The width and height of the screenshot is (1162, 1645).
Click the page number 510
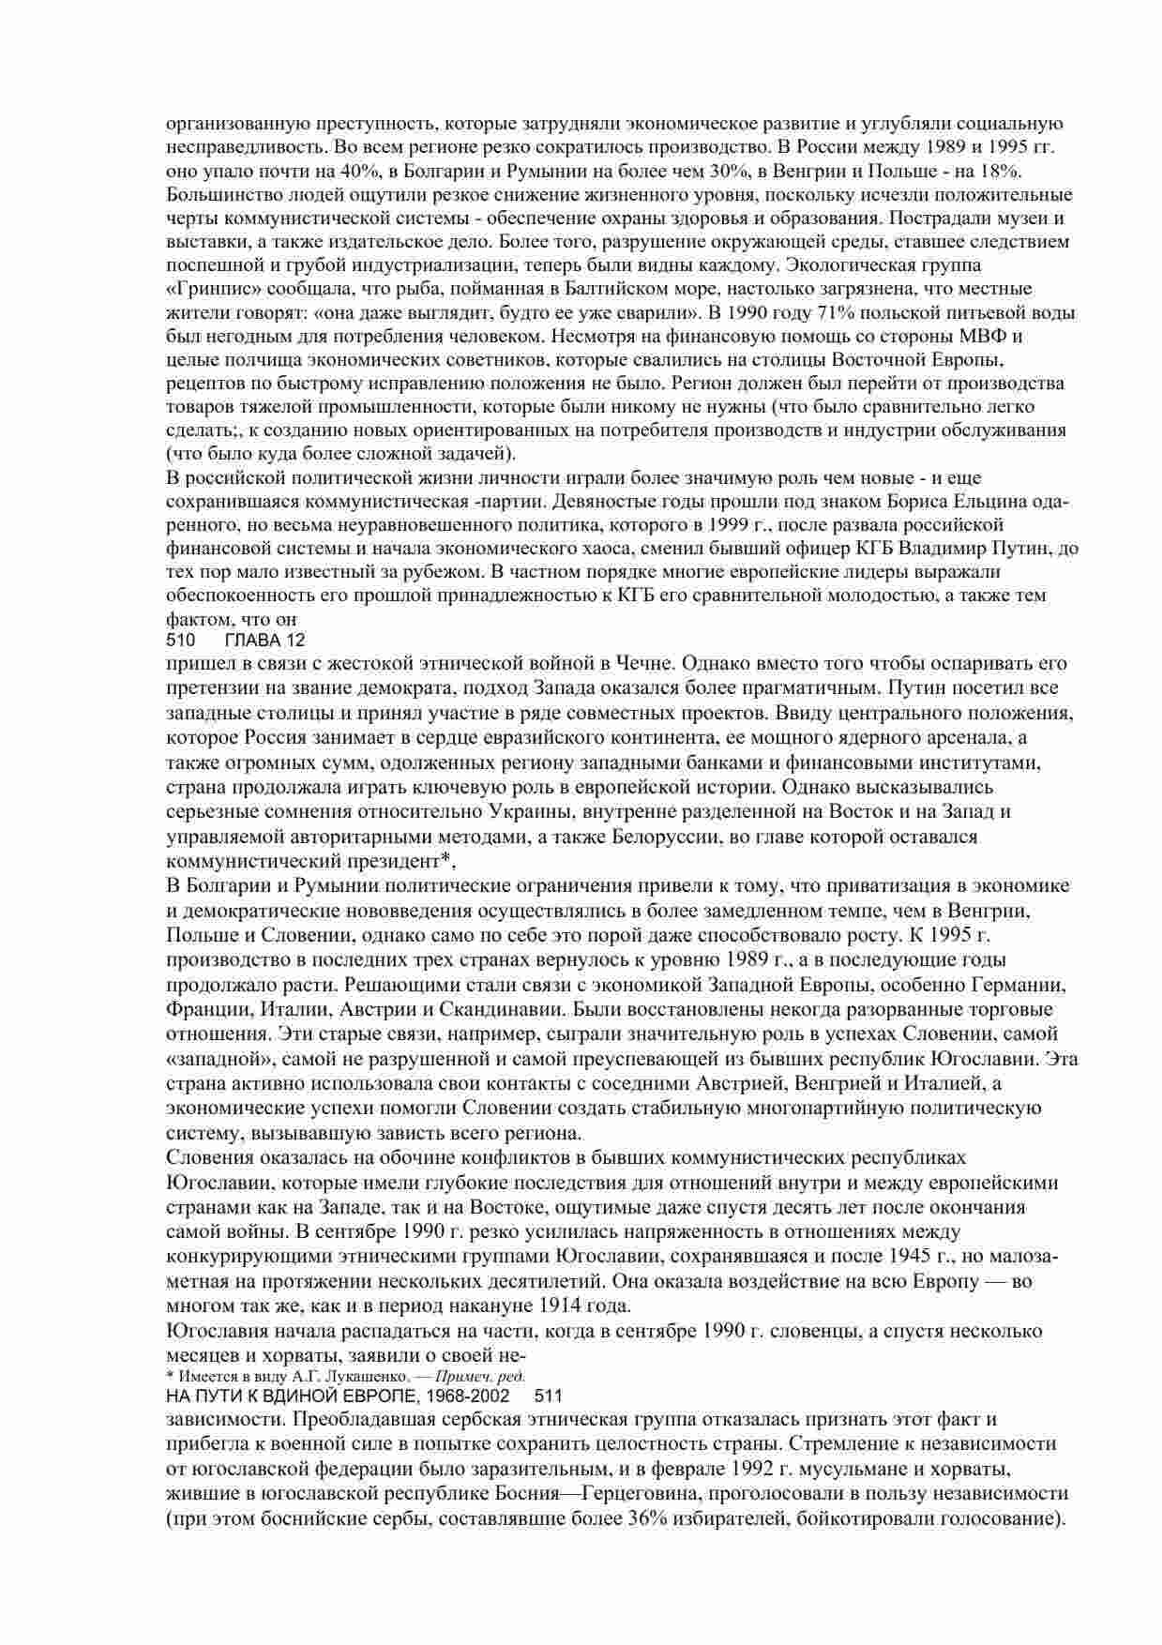tap(179, 641)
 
